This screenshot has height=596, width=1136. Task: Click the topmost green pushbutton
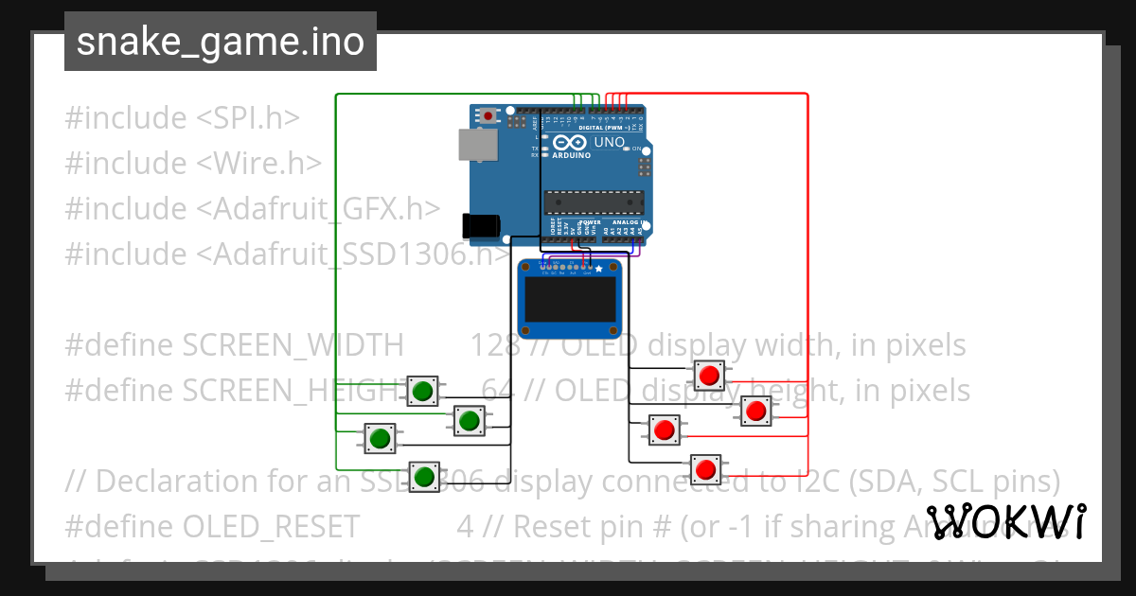pyautogui.click(x=423, y=390)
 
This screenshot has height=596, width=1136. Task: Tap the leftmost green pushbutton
pyautogui.click(x=381, y=438)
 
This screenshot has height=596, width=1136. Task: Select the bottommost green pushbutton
pyautogui.click(x=423, y=475)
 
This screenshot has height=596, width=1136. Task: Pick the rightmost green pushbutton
pyautogui.click(x=468, y=419)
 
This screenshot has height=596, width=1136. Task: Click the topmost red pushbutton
pyautogui.click(x=709, y=376)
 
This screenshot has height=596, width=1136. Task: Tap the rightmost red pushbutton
pyautogui.click(x=754, y=411)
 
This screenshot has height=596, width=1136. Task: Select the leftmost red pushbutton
pyautogui.click(x=664, y=430)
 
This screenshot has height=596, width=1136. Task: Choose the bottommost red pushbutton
pyautogui.click(x=704, y=468)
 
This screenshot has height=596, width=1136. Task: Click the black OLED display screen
pyautogui.click(x=569, y=304)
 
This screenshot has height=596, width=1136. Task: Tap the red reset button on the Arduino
pyautogui.click(x=488, y=115)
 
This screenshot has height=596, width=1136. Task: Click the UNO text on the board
pyautogui.click(x=609, y=143)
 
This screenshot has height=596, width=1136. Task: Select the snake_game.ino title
pyautogui.click(x=221, y=42)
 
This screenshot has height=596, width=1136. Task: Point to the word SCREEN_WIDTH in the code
pyautogui.click(x=293, y=345)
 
